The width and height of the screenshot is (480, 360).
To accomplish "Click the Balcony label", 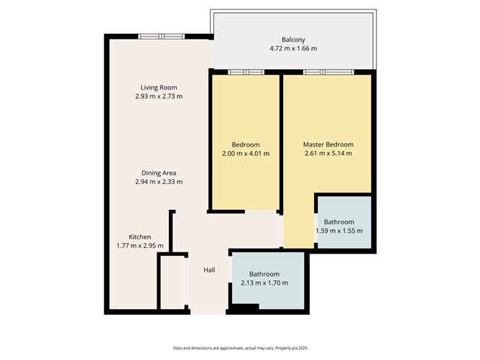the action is coord(293,40).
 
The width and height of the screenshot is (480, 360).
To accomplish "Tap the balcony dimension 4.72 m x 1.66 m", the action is coord(293,48).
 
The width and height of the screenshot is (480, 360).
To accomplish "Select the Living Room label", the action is coord(159,88).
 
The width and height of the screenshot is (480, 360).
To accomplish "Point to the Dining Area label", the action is coord(159,173).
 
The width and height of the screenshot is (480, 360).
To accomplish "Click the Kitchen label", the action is coord(140,237).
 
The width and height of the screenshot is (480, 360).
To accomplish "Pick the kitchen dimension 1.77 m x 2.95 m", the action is coord(140,246).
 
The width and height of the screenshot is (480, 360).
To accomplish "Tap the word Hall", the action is coord(209,270).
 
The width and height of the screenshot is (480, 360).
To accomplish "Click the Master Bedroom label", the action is coord(328,144).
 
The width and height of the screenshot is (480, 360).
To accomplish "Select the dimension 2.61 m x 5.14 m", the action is coord(328,153).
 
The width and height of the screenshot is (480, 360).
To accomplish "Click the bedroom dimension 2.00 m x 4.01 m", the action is coord(246,154).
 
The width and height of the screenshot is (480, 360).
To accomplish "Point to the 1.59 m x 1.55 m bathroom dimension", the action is coord(339,231).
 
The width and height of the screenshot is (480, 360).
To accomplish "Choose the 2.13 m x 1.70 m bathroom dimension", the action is coord(264,283).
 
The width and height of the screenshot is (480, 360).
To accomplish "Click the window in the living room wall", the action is coord(162,37).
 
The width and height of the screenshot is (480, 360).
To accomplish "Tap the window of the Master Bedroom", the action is coord(328,73).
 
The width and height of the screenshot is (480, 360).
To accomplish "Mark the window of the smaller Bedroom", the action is coord(246,73).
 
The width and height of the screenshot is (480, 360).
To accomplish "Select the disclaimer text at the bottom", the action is coord(240,348).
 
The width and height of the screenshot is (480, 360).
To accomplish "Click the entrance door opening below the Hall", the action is coord(208,312).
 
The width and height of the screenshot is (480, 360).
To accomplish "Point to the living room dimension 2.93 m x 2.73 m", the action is coord(159,96).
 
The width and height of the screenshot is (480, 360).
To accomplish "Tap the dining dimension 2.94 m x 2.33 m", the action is coord(159,182).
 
